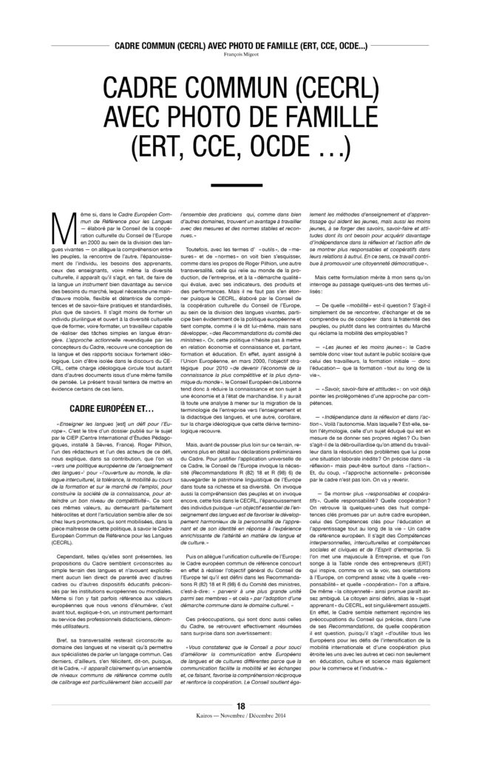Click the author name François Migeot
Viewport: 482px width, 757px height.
click(240, 53)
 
